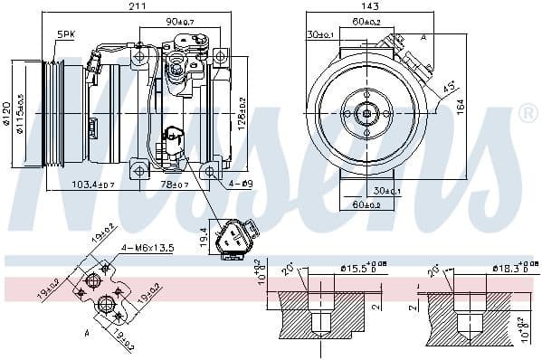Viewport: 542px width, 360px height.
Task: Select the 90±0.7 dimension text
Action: point(180,22)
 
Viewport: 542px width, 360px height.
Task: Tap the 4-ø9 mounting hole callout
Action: point(241,185)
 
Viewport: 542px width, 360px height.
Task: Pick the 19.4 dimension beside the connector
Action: point(204,238)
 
